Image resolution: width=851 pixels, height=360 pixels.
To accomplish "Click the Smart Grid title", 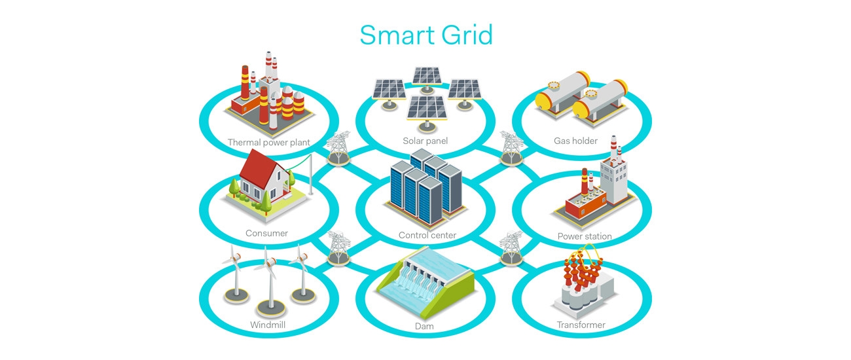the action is [x=426, y=35].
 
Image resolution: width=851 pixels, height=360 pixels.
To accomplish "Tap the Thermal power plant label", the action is [x=268, y=143].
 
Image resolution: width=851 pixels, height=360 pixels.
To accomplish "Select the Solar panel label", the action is [x=425, y=141].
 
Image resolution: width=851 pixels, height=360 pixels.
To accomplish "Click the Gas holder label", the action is [x=575, y=141].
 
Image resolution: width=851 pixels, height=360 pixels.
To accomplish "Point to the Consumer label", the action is [x=266, y=233].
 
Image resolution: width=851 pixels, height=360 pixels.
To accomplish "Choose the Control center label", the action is [x=427, y=235].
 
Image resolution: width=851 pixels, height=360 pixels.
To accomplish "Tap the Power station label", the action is [x=585, y=236].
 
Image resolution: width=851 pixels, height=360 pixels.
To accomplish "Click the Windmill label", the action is [x=268, y=325].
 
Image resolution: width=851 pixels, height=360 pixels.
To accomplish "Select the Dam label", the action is [x=424, y=326].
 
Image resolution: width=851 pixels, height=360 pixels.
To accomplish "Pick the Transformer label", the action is [x=581, y=325].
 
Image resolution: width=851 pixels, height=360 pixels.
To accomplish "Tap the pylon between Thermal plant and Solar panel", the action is [x=338, y=148].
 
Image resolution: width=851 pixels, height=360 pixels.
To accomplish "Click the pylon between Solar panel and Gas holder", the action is [x=511, y=148].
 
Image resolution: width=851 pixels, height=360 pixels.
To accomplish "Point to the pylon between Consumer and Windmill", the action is [x=338, y=248].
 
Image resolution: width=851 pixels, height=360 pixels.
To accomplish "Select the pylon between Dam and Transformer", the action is [x=511, y=248].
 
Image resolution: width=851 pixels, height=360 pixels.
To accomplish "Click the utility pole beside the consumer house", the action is [x=311, y=174].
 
